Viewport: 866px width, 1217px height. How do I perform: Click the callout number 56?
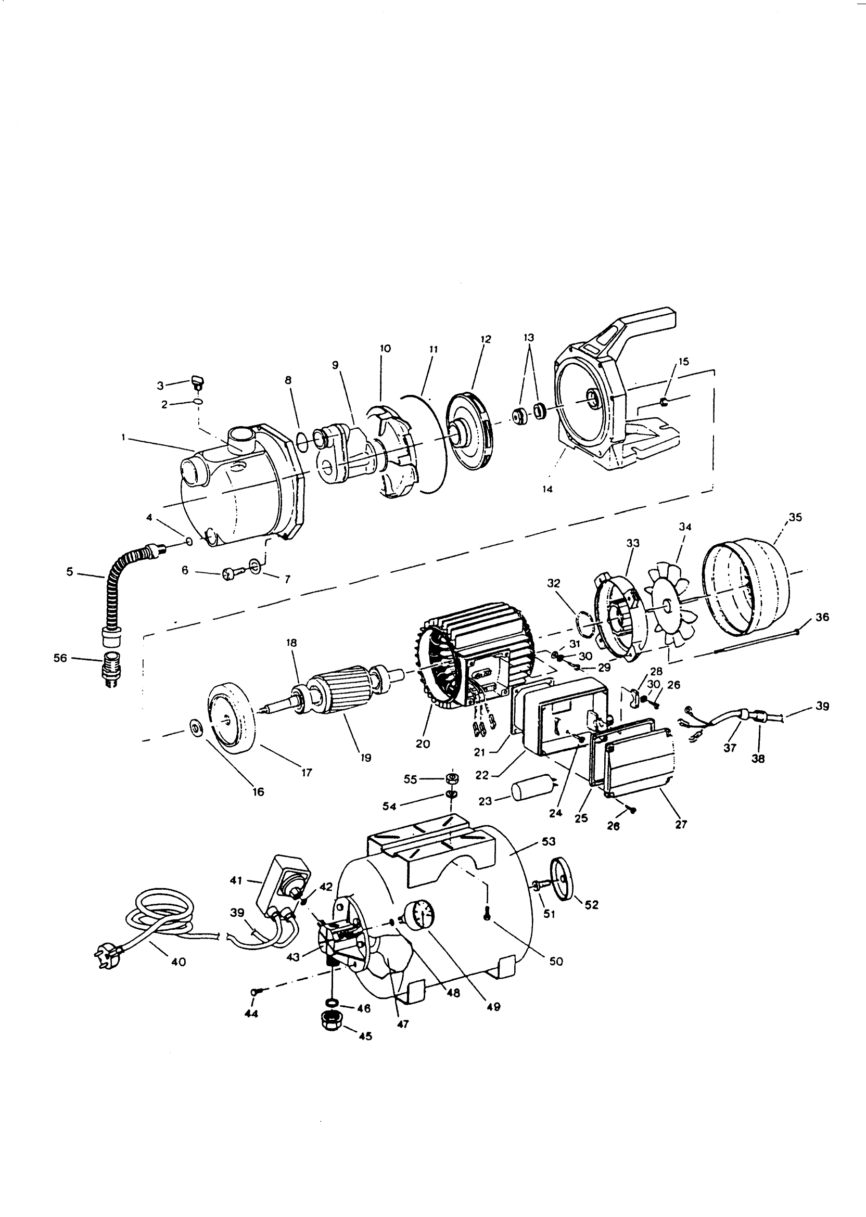(x=60, y=658)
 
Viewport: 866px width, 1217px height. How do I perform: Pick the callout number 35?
(x=795, y=517)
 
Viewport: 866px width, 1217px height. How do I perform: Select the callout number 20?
(x=423, y=744)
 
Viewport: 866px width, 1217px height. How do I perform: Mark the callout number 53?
(x=548, y=841)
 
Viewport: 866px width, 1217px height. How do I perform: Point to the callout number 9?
(x=335, y=365)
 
